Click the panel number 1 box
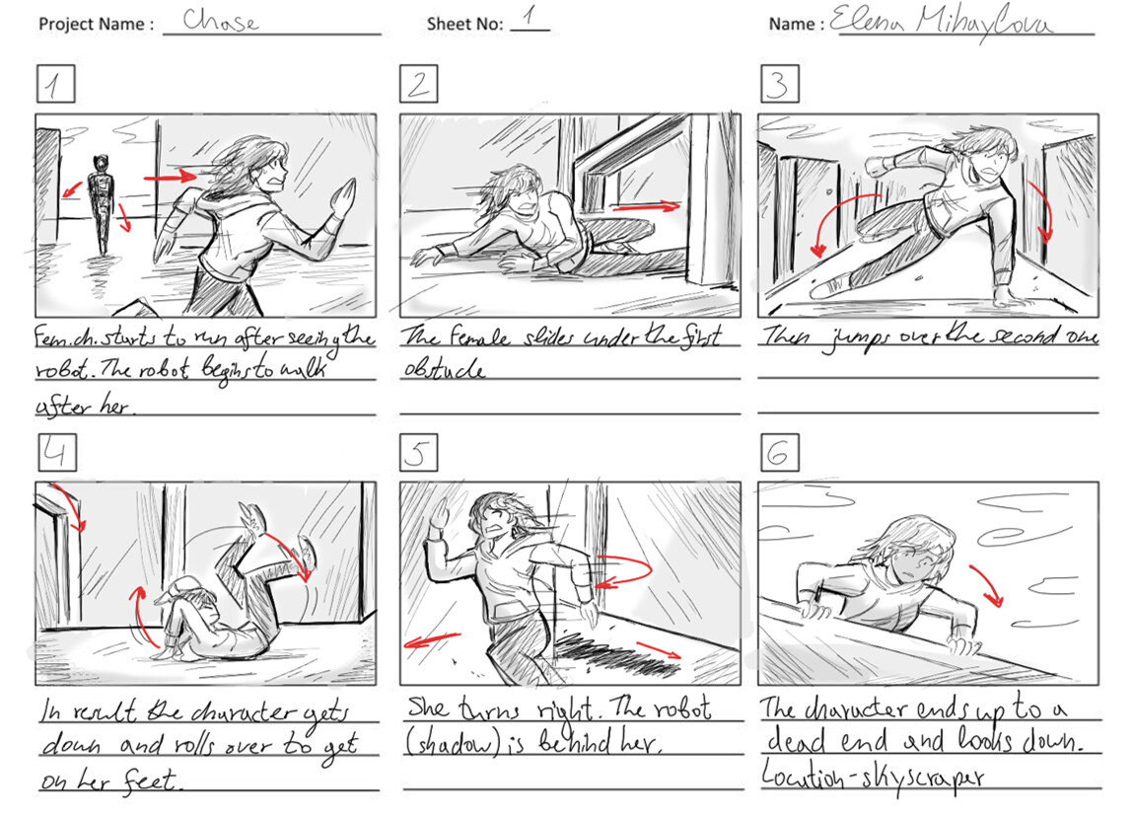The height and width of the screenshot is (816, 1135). pos(55,85)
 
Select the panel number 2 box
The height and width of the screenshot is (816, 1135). pos(418,85)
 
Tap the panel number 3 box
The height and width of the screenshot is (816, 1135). pos(778,85)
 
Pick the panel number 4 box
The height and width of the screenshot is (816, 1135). pos(55,452)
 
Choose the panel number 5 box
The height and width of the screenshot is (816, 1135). pos(418,452)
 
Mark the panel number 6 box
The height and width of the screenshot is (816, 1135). pos(778,452)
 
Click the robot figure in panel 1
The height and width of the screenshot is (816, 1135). pos(98,202)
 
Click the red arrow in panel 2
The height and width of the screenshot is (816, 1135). pos(646,206)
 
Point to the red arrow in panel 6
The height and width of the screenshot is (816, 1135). pos(987,584)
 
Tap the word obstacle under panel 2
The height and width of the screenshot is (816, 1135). pos(443,369)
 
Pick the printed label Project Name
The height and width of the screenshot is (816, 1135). pos(96,24)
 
